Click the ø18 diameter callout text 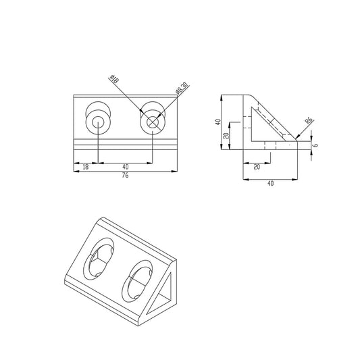coord(113,80)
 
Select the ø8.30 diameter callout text coord(180,89)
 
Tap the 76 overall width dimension coord(125,175)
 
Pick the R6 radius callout coord(309,122)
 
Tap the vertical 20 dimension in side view coord(227,135)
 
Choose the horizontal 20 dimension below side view coord(257,166)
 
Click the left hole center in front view coord(99,123)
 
